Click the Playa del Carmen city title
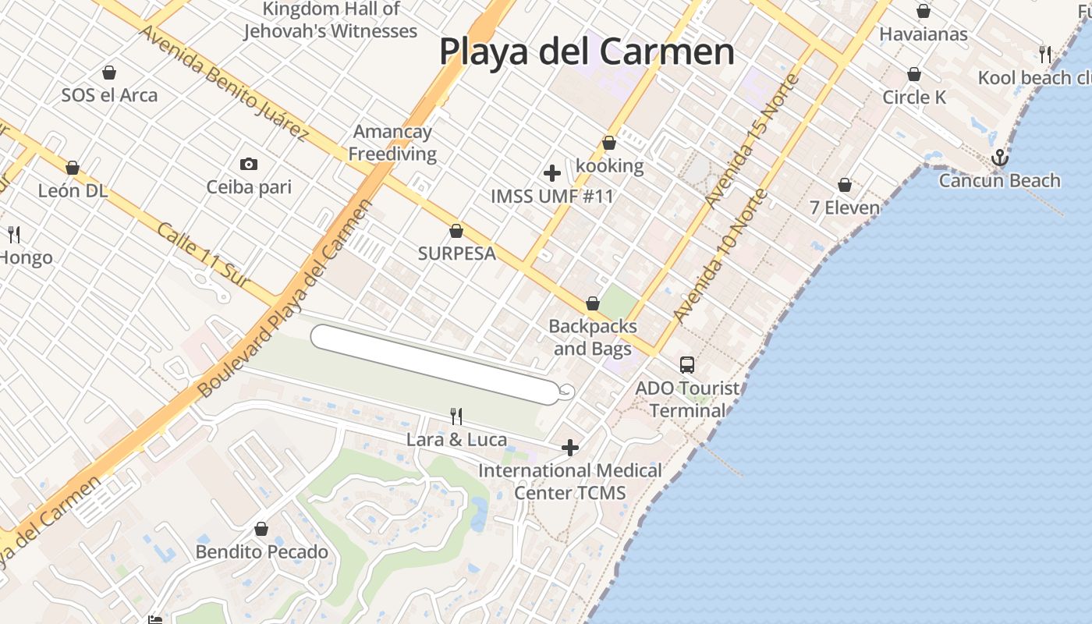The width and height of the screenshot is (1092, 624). coord(587,51)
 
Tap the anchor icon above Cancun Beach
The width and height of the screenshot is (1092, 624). coord(999,159)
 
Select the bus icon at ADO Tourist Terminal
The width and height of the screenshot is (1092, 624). coord(686,364)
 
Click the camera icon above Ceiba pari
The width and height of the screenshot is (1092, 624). coord(249,164)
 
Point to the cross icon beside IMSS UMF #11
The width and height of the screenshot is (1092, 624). coord(552,172)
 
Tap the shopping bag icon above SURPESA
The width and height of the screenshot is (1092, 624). coord(456,231)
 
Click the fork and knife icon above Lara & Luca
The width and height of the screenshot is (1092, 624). coord(456,417)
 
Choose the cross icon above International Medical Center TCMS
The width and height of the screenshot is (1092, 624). coord(570,448)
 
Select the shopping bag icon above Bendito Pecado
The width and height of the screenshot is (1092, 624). coord(261,529)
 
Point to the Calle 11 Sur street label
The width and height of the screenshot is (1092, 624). coord(207,255)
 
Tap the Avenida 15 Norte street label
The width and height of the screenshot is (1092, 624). coord(752,141)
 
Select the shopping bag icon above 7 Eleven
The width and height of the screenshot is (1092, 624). coord(844,185)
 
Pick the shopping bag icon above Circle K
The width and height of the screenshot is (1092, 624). coord(913,74)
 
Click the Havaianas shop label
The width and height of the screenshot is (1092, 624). coord(923,34)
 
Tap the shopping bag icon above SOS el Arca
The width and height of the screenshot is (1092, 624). coord(109,73)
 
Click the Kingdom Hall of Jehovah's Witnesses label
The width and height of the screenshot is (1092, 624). coord(331,20)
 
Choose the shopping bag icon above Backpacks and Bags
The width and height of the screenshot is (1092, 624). coord(593,303)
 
